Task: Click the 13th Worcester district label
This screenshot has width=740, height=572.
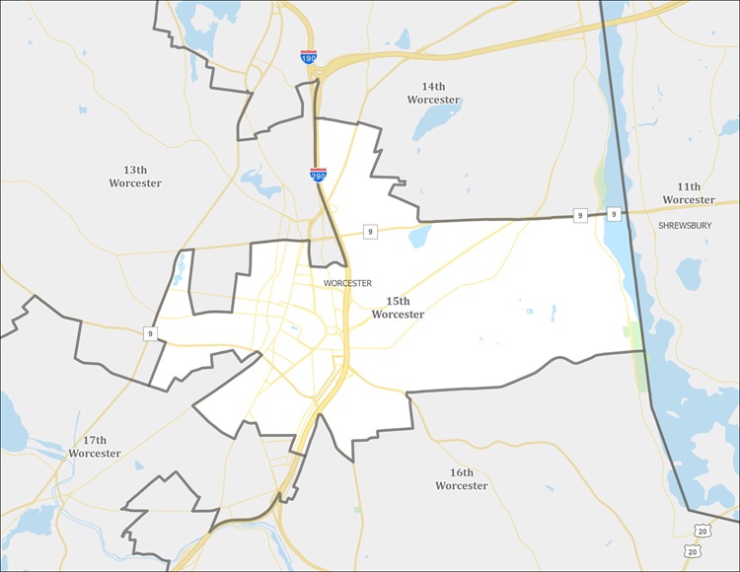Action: (135, 177)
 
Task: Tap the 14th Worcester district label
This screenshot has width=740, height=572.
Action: (433, 94)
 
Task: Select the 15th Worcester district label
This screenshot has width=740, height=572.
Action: (398, 308)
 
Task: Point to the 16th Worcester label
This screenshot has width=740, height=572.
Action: (461, 479)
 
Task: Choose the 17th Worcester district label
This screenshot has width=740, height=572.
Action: (95, 447)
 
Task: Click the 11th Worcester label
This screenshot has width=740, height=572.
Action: (689, 193)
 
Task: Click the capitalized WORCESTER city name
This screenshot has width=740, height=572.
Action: (346, 283)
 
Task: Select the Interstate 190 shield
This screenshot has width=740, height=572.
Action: (309, 58)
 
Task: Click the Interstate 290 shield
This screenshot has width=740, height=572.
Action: (318, 175)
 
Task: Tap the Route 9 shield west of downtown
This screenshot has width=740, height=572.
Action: (151, 333)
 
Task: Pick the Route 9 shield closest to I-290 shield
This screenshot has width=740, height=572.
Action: (370, 232)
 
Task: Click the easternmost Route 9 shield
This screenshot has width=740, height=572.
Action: (613, 214)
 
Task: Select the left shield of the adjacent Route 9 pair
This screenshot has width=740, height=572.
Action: (580, 215)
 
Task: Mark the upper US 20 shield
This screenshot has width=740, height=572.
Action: (702, 532)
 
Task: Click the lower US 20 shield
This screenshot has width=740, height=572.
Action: (690, 550)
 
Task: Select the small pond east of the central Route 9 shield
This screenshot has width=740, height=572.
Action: (420, 235)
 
